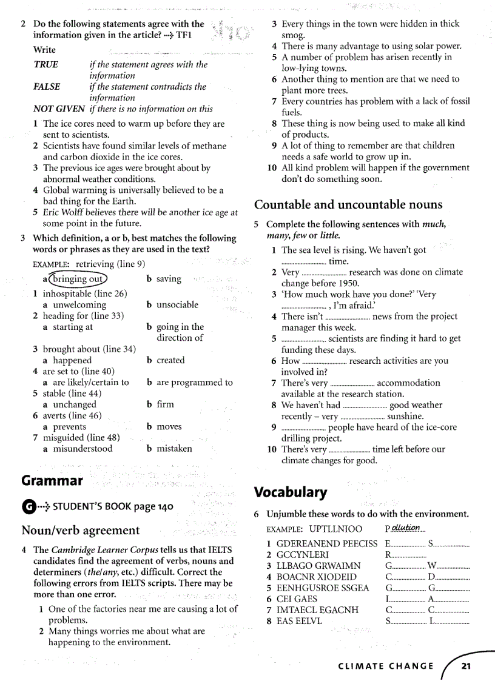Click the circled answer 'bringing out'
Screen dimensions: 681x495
(x=78, y=279)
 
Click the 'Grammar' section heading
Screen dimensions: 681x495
(x=52, y=481)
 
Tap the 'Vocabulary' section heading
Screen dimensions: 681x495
(x=291, y=491)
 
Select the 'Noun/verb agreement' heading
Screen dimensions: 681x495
(x=81, y=530)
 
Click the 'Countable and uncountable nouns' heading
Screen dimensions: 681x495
(x=348, y=204)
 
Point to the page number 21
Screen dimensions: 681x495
(x=466, y=665)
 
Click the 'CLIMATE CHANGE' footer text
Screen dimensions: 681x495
(x=386, y=666)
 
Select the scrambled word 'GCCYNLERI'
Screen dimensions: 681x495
(x=303, y=554)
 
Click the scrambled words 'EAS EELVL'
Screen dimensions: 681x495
(x=300, y=621)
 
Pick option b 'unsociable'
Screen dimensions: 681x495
(x=177, y=304)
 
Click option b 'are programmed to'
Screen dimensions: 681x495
(x=194, y=382)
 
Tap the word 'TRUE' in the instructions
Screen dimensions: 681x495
(x=46, y=64)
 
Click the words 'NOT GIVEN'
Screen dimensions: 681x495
(x=59, y=109)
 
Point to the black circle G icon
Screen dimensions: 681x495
(x=28, y=506)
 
